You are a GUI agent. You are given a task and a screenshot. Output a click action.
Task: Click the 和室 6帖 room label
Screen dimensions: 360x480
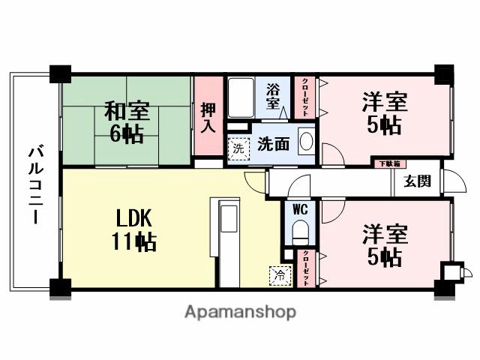tap(126, 123)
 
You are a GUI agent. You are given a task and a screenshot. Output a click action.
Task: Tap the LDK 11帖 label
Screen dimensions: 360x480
tap(136, 230)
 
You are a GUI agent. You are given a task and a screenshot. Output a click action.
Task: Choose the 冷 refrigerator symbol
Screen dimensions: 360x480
tap(279, 275)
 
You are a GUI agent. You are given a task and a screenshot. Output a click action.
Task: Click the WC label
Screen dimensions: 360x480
tap(300, 209)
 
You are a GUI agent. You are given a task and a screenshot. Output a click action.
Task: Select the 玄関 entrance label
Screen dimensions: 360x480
tap(418, 181)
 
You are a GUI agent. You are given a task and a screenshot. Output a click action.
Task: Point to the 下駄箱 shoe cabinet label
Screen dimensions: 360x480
tap(388, 163)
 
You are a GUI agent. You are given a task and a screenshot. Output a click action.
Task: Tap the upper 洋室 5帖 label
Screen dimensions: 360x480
tap(385, 113)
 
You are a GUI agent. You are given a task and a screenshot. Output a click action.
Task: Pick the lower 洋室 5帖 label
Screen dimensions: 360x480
tap(385, 245)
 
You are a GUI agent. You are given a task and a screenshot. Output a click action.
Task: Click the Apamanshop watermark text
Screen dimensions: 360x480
tap(240, 311)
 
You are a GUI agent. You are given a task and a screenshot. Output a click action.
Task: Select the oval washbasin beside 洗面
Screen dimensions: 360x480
tap(306, 141)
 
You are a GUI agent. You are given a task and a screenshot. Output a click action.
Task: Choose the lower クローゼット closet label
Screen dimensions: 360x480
tap(306, 266)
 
